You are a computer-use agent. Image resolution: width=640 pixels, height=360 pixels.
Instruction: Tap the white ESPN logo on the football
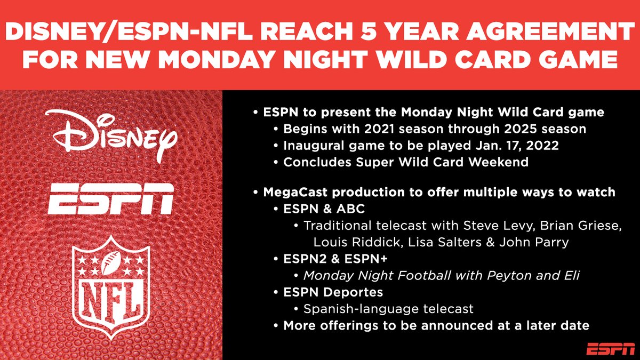click(110, 198)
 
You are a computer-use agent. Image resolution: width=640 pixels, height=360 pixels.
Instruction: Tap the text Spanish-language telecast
click(388, 309)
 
